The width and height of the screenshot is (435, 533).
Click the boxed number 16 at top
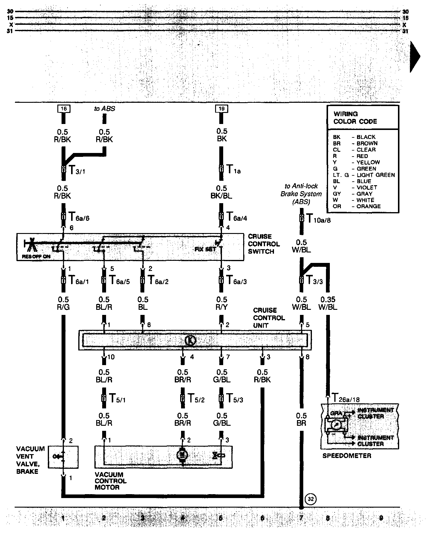point(64,109)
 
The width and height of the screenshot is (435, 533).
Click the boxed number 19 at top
point(221,109)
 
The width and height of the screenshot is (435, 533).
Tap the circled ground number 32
point(310,499)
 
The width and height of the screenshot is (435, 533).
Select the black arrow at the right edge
point(415,57)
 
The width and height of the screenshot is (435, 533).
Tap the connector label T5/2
point(196,399)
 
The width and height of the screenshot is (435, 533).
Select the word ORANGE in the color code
point(369,206)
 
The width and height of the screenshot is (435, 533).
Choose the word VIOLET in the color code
point(367,188)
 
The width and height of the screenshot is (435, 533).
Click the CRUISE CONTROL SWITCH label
point(264,244)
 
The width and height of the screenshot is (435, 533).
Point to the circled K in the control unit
point(190,340)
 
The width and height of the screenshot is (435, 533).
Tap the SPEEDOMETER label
point(347,456)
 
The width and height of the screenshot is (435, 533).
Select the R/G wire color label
point(63,307)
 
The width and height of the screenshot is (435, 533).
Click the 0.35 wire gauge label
point(328,299)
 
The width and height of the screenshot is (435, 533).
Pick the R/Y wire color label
point(222,307)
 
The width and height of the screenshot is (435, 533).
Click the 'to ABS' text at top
point(105,109)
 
